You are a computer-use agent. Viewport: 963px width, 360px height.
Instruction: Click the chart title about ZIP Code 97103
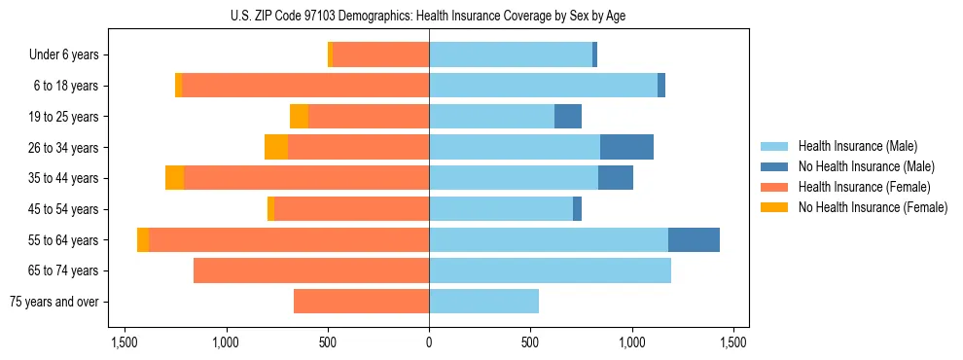(x=429, y=16)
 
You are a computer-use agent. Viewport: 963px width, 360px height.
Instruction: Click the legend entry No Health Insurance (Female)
(x=873, y=207)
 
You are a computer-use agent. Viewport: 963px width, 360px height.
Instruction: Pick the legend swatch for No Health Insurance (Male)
(x=776, y=166)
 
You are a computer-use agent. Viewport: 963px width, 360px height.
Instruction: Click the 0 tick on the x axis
(x=429, y=342)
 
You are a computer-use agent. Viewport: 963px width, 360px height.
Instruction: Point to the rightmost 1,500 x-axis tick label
(x=732, y=342)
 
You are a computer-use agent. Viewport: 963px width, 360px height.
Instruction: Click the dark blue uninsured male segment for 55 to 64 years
(x=694, y=240)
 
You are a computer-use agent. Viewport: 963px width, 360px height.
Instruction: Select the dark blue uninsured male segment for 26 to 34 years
(x=626, y=147)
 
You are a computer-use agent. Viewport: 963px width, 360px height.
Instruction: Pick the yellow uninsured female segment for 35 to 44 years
(x=174, y=178)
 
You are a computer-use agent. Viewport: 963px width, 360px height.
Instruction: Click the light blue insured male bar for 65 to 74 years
(x=550, y=270)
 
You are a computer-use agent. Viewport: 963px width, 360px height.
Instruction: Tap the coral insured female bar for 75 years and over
(x=361, y=302)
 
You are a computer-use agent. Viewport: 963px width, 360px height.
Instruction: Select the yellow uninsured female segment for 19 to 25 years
(x=299, y=117)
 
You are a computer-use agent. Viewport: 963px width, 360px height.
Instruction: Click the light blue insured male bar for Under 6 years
(x=511, y=55)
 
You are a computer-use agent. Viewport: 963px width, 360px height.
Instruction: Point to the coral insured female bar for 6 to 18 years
(x=305, y=86)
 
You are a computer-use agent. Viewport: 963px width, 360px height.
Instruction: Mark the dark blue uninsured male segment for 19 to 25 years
(x=568, y=117)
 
